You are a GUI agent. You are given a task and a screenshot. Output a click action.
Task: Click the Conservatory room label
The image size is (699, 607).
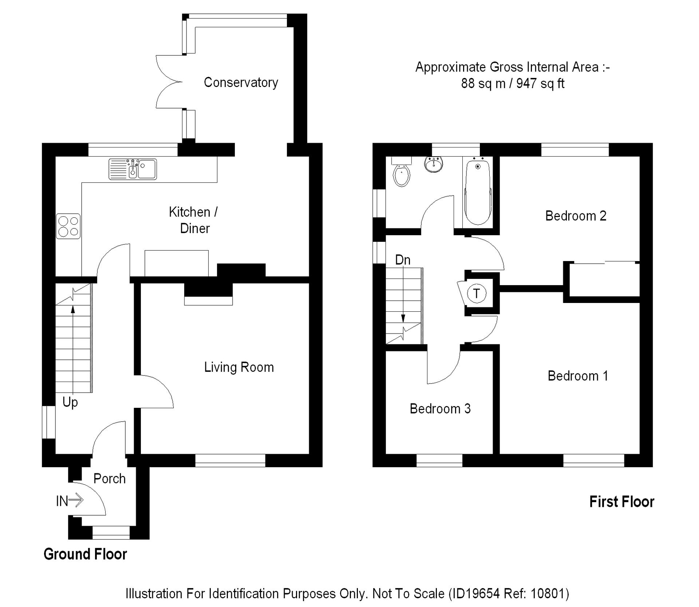point(241,83)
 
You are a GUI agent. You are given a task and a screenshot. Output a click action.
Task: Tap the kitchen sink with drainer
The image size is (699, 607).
point(133,169)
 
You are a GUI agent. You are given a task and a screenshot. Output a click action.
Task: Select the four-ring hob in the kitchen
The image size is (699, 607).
point(68,226)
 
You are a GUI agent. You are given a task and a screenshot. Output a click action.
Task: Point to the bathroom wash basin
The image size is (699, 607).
point(434,164)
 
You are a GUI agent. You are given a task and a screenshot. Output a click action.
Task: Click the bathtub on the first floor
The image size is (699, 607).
point(478,191)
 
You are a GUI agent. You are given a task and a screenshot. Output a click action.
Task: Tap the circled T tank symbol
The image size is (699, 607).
point(477,293)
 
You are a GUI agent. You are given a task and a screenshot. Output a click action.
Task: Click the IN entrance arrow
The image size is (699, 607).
point(70,501)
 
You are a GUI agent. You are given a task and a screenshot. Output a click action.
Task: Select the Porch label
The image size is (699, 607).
point(109,478)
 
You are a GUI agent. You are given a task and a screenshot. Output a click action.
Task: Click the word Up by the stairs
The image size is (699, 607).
point(70,402)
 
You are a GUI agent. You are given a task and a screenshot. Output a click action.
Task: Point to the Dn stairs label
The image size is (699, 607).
point(403,260)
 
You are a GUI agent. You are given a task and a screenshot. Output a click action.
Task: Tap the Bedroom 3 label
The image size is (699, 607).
point(440,409)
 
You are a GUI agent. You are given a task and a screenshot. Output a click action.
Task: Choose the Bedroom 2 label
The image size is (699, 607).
point(576,216)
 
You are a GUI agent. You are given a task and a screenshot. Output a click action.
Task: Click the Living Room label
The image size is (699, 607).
point(239,367)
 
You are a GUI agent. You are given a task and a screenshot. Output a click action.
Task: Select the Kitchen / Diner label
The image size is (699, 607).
point(194,220)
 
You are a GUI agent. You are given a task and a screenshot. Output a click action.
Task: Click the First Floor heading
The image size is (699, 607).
point(621,502)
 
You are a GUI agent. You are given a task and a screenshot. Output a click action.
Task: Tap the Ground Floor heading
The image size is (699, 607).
point(85,554)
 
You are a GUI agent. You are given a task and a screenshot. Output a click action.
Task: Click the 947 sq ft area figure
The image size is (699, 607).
point(540,84)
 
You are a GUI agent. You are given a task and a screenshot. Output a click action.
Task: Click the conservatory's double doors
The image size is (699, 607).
point(168,82)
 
